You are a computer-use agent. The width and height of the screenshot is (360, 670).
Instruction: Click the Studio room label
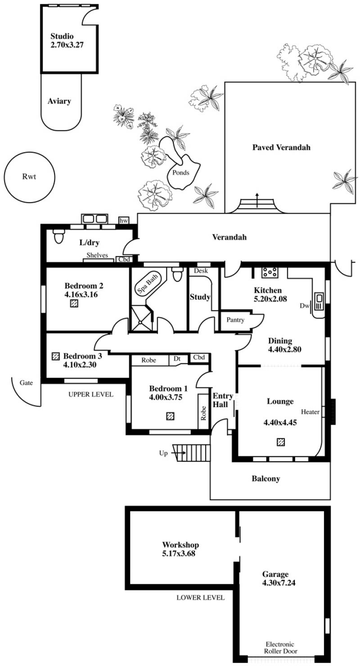point(62,36)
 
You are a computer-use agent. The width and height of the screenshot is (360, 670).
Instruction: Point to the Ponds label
point(181,173)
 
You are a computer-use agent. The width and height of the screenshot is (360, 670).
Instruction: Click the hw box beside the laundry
point(124,221)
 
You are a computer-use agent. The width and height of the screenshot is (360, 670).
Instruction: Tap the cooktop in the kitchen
point(270,272)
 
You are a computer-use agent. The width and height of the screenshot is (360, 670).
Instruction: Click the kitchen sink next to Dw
point(319,302)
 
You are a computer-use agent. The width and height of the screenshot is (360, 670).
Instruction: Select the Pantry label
point(235,320)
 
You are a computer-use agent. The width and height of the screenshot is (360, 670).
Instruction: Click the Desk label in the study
point(201,271)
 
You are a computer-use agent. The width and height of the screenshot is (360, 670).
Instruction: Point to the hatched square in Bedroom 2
point(74,304)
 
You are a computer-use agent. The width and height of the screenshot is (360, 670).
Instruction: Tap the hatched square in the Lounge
point(280,442)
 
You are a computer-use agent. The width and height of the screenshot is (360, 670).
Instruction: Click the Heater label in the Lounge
point(310,412)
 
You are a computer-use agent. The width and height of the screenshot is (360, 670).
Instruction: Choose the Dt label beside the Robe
point(177,358)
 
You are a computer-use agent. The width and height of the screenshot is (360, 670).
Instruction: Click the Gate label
point(26,383)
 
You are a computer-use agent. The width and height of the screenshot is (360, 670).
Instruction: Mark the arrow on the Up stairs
point(178,453)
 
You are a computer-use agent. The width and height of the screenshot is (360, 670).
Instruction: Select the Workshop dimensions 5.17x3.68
point(179,553)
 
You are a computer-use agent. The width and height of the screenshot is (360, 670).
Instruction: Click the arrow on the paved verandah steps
point(257,200)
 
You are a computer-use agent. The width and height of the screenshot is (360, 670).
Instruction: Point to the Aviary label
point(59,101)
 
